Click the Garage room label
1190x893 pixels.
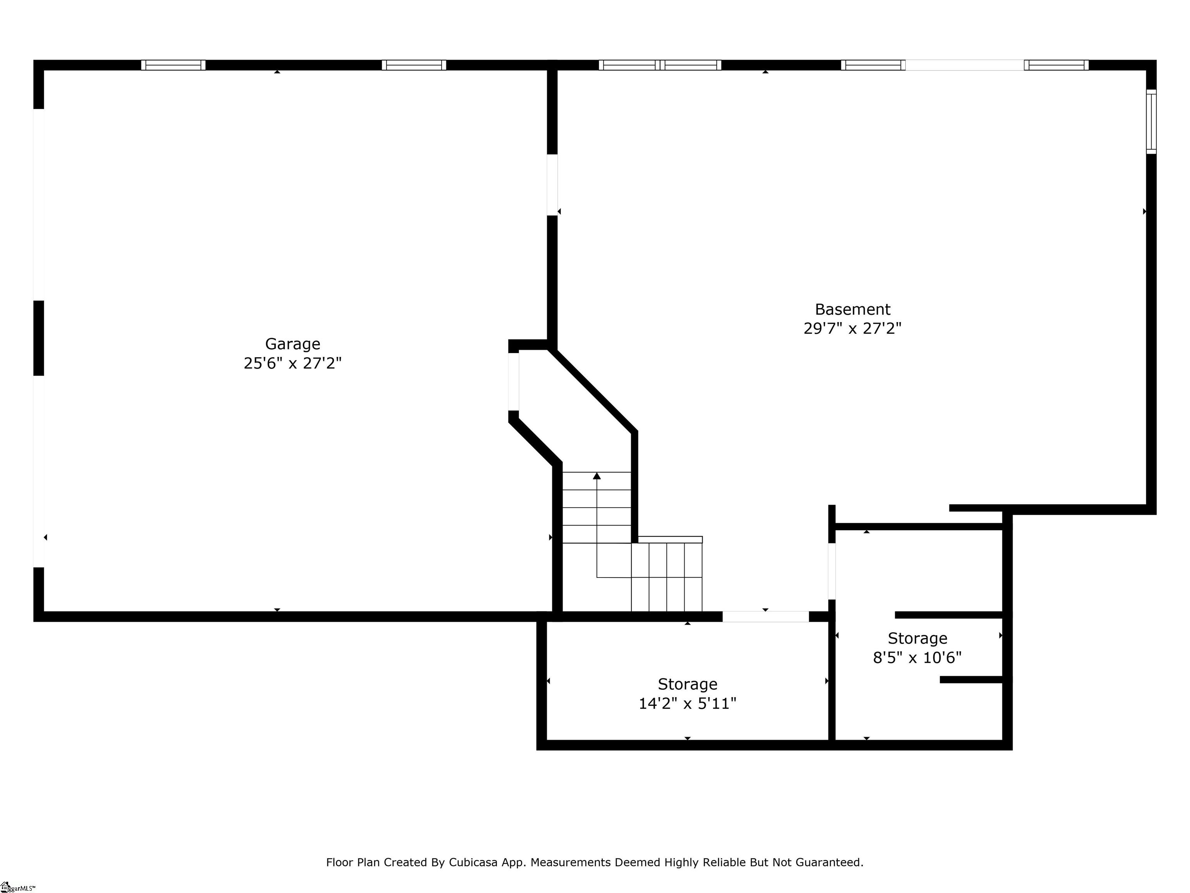point(293,344)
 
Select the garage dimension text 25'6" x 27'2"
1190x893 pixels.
point(293,363)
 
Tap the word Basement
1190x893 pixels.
point(853,310)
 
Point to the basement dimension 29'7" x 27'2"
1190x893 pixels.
point(853,328)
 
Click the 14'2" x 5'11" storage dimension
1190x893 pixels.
point(688,703)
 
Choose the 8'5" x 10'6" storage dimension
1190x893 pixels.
point(917,658)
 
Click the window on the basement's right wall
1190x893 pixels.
point(1151,122)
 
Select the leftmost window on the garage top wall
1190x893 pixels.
point(173,65)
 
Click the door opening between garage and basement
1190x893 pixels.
point(552,185)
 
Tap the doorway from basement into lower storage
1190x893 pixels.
point(765,617)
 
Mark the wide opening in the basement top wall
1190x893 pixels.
point(965,65)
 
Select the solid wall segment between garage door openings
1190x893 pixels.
point(39,338)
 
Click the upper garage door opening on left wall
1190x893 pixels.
point(39,205)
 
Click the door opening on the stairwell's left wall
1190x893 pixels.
point(514,382)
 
